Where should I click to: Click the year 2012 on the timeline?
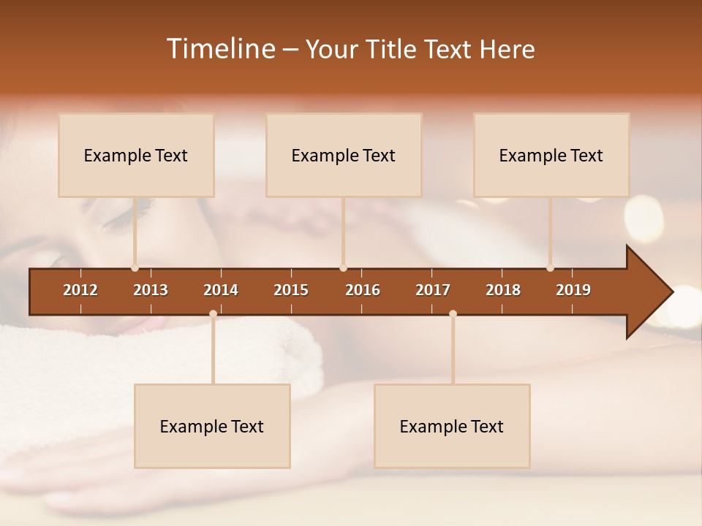coord(80,290)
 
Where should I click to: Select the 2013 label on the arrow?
coord(151,290)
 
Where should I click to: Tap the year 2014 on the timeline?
coord(221,290)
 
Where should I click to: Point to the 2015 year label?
coord(291,290)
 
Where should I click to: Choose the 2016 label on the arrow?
coord(363,290)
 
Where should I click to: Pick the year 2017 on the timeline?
coord(433,290)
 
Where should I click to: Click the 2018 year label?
coord(503,290)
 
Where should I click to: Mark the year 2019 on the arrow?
coord(573,290)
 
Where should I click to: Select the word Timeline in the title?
coord(219,49)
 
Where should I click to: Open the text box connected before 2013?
coord(136,155)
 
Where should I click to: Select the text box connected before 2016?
coord(344,155)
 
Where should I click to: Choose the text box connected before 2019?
coord(551,155)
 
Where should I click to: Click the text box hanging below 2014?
coord(212,426)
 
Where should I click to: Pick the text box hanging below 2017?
coord(452,426)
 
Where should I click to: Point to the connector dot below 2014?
coord(213,314)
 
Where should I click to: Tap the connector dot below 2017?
coord(453,314)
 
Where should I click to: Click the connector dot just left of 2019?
coord(550,268)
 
